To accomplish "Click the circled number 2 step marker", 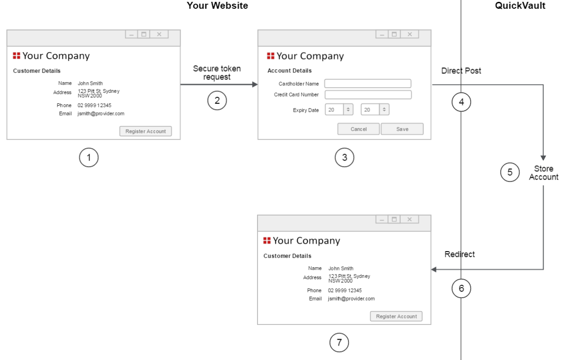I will point(217,101).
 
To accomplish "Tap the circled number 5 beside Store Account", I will point(509,172).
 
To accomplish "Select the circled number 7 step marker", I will point(339,342).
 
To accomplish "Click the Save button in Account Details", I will point(402,129).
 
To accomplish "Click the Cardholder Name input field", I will point(367,84).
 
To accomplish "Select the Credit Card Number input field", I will point(368,95).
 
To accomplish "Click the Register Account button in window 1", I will point(145,132).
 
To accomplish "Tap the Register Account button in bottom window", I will point(396,317).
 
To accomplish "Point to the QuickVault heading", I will point(520,6).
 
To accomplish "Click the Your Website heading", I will point(217,6).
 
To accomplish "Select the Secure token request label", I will point(217,73).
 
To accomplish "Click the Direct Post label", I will point(461,71).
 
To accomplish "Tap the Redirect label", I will point(459,254).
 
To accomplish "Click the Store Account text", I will point(544,173).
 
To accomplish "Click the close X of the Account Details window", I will point(409,34).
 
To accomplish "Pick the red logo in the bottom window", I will point(267,240).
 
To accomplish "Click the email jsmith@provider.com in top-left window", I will point(101,114).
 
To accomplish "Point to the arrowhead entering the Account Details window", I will point(255,84).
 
